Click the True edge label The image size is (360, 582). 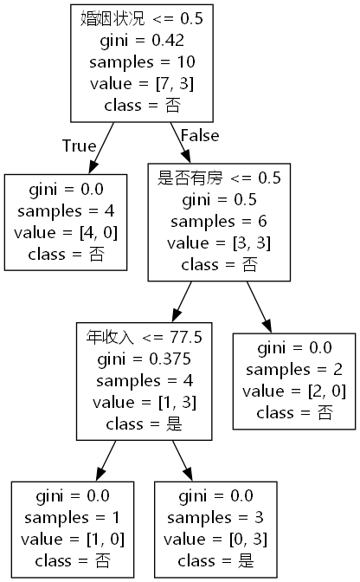(x=79, y=145)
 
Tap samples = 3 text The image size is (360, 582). (x=215, y=517)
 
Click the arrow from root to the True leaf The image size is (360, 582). (x=96, y=147)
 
